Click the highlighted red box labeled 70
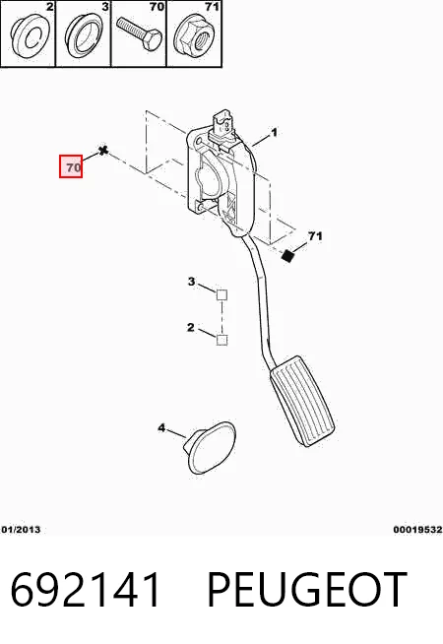(71, 166)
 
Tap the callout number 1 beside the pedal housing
(275, 133)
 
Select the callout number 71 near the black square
(315, 236)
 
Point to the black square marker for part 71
(287, 256)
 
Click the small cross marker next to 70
(103, 151)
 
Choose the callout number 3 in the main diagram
(191, 282)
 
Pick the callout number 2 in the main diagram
(191, 327)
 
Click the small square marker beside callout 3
(221, 294)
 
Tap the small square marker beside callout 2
(221, 340)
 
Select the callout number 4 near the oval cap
(161, 428)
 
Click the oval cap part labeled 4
(211, 448)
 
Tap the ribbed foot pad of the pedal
(302, 401)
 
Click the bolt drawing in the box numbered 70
(139, 33)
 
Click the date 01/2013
(21, 530)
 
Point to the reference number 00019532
(417, 530)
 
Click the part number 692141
(86, 590)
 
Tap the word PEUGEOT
(307, 590)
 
